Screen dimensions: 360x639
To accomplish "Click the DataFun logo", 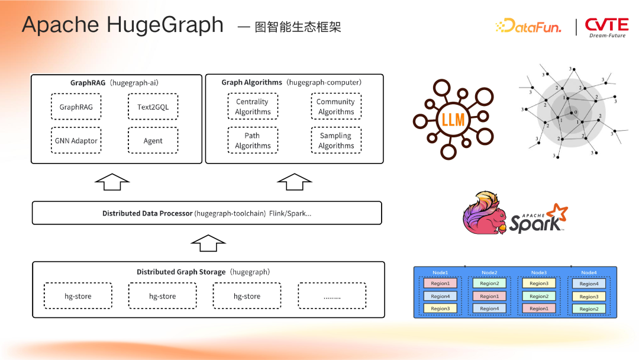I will (528, 26).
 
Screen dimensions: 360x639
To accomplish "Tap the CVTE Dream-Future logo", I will (606, 27).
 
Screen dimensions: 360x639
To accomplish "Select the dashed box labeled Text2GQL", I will (153, 107).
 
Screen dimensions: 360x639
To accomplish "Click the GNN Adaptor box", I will (76, 141).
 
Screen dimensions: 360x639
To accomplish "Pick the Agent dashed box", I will (153, 141).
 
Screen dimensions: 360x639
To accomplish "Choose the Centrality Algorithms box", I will (253, 107).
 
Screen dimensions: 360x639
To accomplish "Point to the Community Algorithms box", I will (335, 107).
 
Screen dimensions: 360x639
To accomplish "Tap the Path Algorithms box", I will (253, 140).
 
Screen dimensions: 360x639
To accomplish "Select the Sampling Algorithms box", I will (335, 140).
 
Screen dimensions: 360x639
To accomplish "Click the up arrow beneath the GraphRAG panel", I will (112, 182).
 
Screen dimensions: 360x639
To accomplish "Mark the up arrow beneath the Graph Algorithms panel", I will (294, 182).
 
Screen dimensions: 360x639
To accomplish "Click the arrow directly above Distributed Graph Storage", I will (208, 243).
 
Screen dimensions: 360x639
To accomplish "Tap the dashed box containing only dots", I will (332, 296).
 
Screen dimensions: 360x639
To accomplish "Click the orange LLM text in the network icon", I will (453, 120).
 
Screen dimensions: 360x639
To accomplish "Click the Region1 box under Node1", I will (440, 284).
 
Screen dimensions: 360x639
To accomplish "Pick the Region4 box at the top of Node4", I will (589, 284).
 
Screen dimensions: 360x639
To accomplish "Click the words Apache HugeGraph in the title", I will (122, 25).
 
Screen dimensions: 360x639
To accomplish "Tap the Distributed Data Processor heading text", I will (147, 213).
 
